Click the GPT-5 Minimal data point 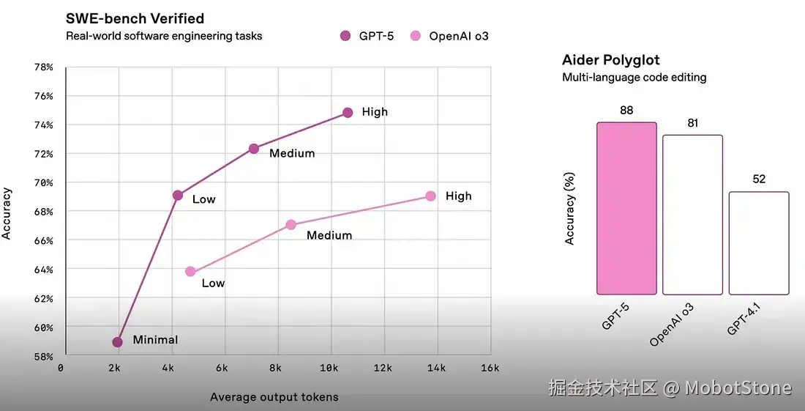(117, 342)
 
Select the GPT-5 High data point (348, 113)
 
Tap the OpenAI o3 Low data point (190, 272)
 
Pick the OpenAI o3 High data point (430, 196)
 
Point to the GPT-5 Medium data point (254, 149)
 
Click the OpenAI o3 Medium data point (291, 225)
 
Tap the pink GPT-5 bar (626, 208)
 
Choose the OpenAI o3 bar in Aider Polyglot (692, 215)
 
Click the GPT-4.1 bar (759, 243)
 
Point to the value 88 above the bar (626, 111)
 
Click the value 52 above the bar (759, 179)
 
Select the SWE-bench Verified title (135, 18)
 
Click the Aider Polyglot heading (610, 60)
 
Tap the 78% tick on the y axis (44, 67)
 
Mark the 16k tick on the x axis (490, 368)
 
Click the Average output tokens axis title (274, 397)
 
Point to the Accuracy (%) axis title (570, 208)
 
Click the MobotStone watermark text (738, 388)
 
